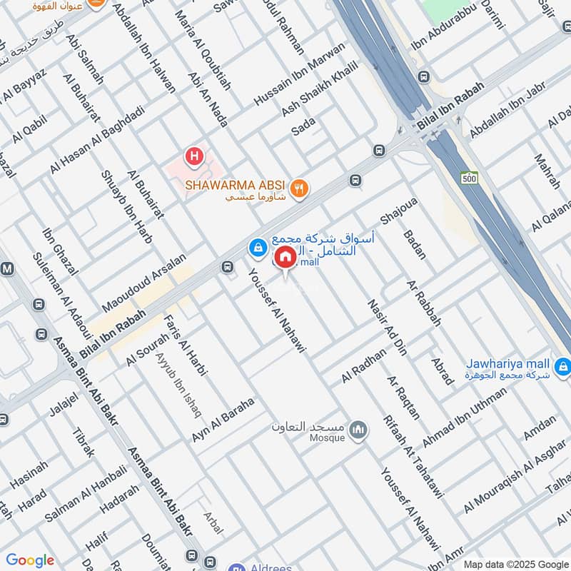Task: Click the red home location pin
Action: (x=285, y=257)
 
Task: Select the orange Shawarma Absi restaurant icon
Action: (x=300, y=189)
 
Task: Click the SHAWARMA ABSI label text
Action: (x=236, y=184)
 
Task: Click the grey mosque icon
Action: (x=358, y=430)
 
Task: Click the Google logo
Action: (x=30, y=560)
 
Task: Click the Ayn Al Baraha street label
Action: (x=223, y=420)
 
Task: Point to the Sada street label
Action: (x=303, y=126)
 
